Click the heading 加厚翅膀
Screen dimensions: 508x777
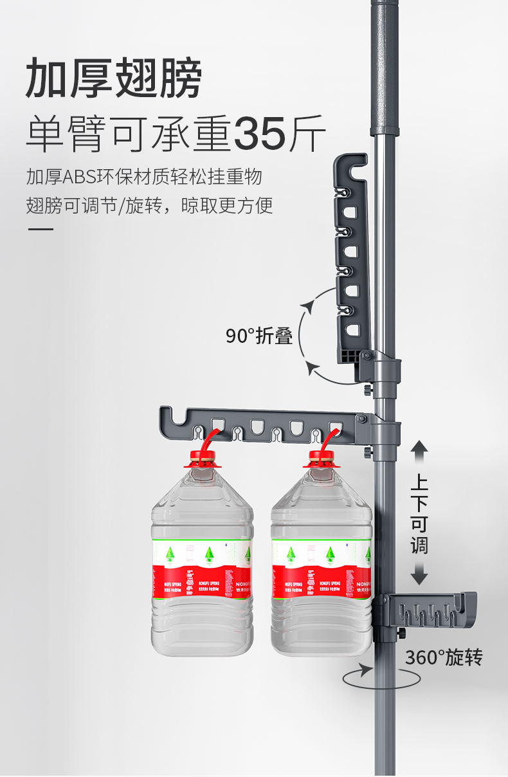click(114, 78)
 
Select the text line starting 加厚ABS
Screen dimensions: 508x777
click(144, 176)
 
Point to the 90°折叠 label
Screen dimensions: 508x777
click(259, 335)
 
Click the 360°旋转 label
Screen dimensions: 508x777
click(443, 657)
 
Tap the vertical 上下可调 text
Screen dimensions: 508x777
click(419, 515)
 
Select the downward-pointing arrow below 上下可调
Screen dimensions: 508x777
click(419, 574)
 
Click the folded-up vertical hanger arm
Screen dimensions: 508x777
click(350, 257)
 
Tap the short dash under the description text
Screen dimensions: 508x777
click(40, 230)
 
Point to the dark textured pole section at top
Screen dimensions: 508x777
click(386, 64)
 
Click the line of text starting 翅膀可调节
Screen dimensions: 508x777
click(149, 206)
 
